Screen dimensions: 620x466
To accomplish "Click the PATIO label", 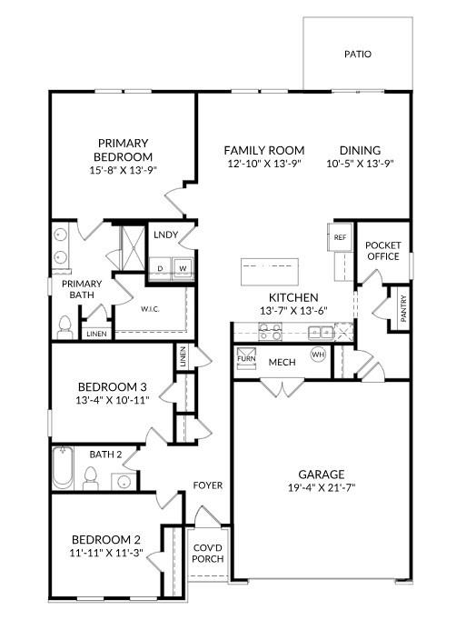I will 357,54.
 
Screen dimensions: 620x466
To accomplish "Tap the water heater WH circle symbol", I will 318,354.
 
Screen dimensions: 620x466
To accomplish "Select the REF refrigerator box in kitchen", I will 340,237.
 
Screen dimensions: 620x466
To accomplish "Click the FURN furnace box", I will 246,358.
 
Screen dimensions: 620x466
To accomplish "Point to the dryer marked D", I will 162,268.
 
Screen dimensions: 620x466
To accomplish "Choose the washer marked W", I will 183,268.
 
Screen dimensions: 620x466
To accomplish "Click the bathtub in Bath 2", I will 62,468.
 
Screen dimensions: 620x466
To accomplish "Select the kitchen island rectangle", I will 270,270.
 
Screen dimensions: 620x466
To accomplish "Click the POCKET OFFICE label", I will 382,251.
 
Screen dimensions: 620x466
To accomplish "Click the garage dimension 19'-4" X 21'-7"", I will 322,487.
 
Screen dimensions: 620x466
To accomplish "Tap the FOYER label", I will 208,485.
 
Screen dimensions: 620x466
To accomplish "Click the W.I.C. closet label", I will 150,308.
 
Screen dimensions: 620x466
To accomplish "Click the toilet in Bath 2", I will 90,475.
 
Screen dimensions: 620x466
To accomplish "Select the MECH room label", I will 282,363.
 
